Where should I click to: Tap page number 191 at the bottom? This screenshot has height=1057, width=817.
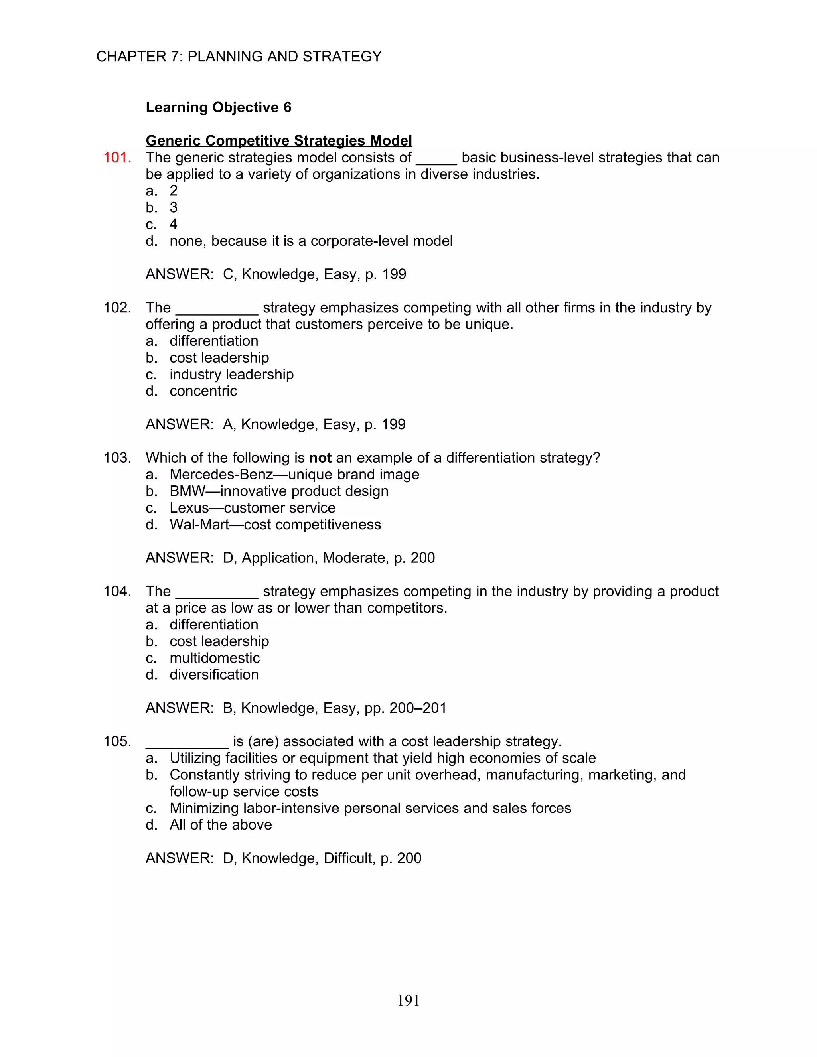pos(408,1000)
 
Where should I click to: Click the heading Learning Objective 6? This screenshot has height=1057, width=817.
pos(218,107)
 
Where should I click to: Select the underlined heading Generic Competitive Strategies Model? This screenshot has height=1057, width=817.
pos(279,141)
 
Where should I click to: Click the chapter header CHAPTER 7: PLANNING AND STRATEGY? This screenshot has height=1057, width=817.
pos(239,57)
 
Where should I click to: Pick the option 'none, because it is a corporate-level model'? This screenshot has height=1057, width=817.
pos(311,241)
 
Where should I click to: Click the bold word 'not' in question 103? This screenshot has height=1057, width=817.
pos(320,458)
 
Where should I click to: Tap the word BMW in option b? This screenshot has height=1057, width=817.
pos(187,491)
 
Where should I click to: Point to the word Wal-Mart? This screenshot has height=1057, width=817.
pos(199,525)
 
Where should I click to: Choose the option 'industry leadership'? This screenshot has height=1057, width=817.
pos(231,375)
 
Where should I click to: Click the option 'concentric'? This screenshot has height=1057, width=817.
pos(203,391)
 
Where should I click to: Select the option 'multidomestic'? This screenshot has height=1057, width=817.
pos(214,658)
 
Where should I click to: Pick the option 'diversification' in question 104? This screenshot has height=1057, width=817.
pos(214,674)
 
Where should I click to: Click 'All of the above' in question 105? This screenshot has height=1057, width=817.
pos(221,825)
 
